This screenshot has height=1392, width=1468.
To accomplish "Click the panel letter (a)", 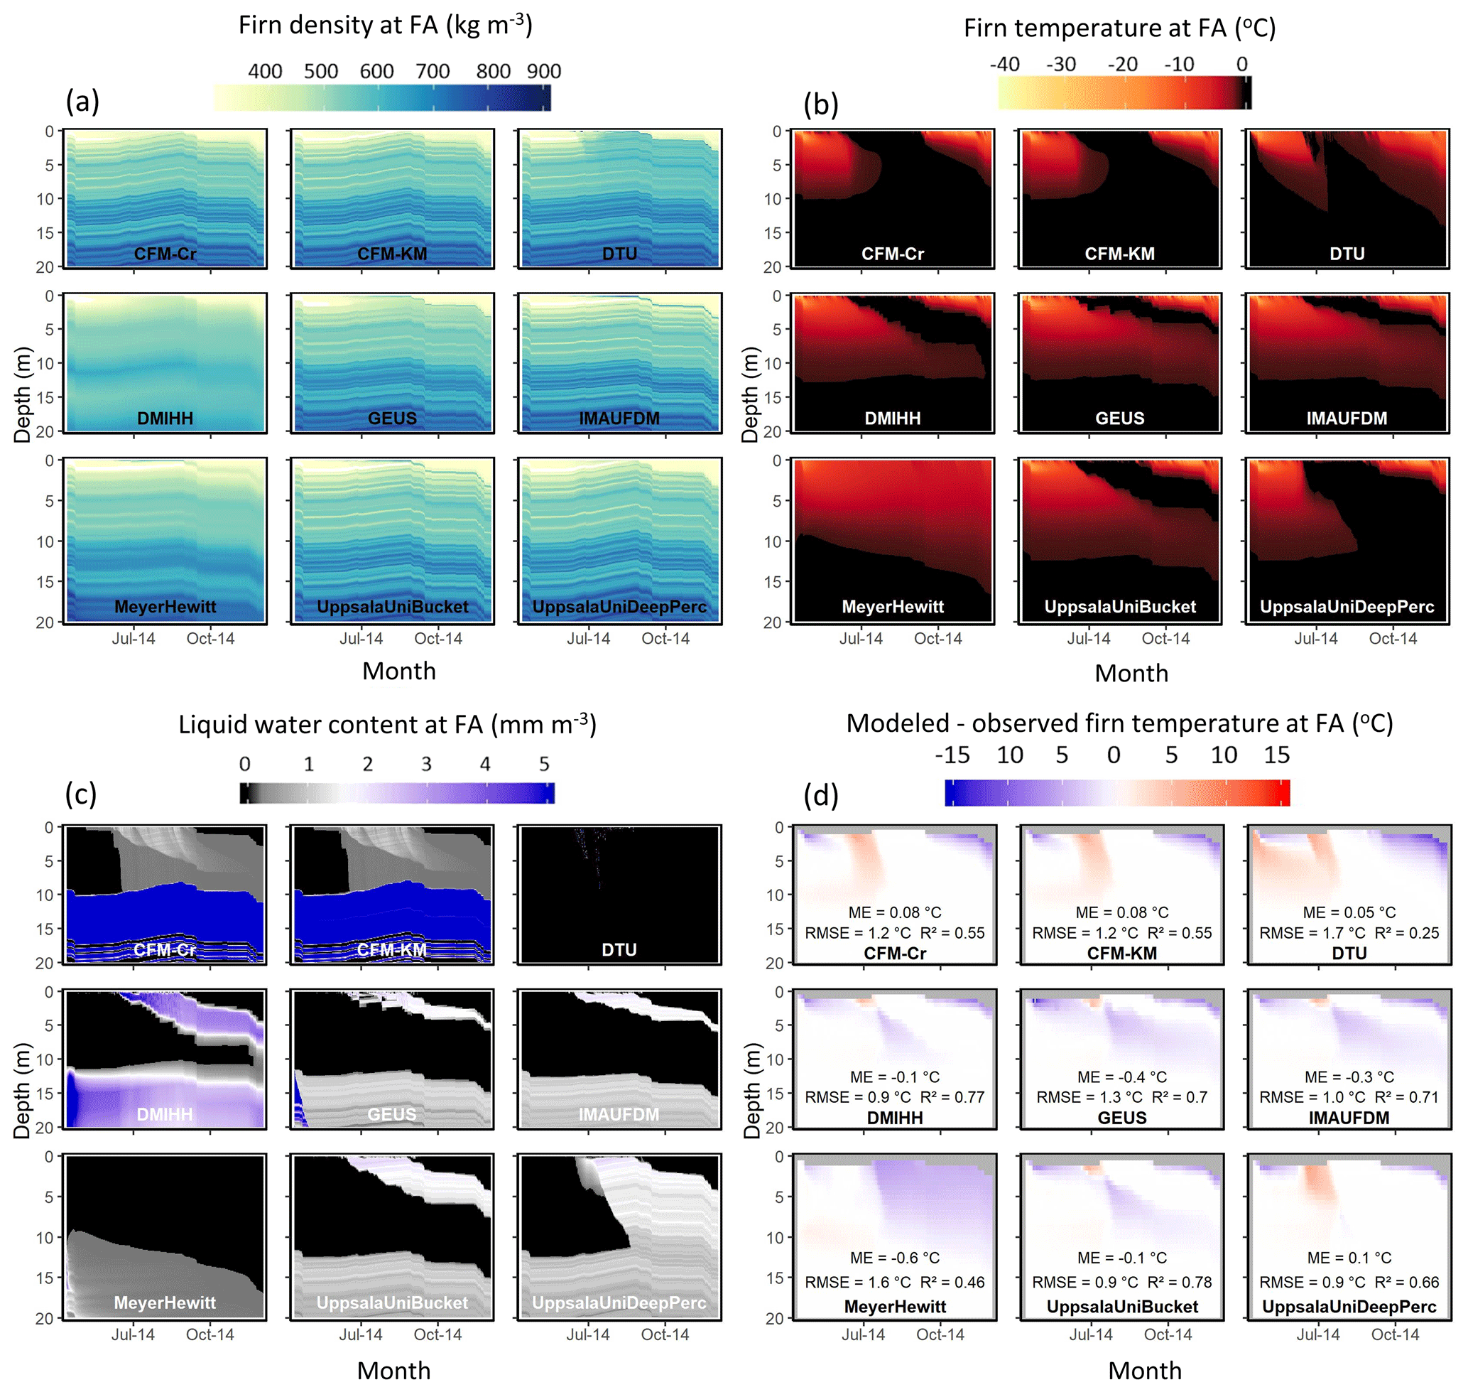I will (82, 102).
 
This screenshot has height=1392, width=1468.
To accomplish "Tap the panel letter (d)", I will (820, 795).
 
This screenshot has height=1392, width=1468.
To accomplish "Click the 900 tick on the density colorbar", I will (544, 71).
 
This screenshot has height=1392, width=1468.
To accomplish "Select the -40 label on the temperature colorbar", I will (1004, 65).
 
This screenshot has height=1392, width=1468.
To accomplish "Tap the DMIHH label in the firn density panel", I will (165, 419).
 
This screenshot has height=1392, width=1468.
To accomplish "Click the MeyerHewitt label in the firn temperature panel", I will (892, 607).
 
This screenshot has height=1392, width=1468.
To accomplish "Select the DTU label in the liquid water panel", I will (619, 950).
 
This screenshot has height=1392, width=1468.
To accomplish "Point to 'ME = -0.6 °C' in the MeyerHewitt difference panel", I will (895, 1258).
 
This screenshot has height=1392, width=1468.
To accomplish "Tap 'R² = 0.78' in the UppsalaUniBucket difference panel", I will (1180, 1282).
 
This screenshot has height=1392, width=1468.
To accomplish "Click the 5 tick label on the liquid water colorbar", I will (544, 765).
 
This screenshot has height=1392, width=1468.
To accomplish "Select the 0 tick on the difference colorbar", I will (1113, 755).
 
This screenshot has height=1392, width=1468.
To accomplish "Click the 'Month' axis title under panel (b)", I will (1131, 673).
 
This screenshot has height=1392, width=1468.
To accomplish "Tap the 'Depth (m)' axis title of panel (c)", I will (22, 1091).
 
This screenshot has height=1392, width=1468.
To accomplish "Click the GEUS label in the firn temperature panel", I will (1119, 419).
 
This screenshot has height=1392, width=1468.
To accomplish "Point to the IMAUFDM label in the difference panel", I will (1349, 1118).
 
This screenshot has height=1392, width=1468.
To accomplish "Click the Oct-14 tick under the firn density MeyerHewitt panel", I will (210, 639).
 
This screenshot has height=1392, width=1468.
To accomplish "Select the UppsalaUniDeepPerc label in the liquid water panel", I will (619, 1303).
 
